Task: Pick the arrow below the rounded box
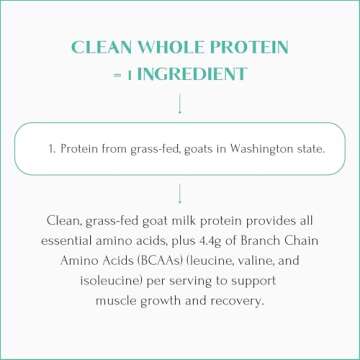coord(180,192)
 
